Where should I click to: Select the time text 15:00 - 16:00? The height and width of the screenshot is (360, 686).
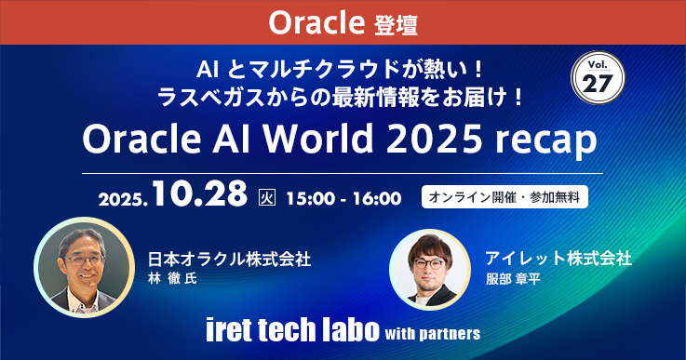(343, 197)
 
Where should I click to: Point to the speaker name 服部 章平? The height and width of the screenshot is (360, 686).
(517, 278)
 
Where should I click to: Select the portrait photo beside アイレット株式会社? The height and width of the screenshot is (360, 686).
(430, 268)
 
